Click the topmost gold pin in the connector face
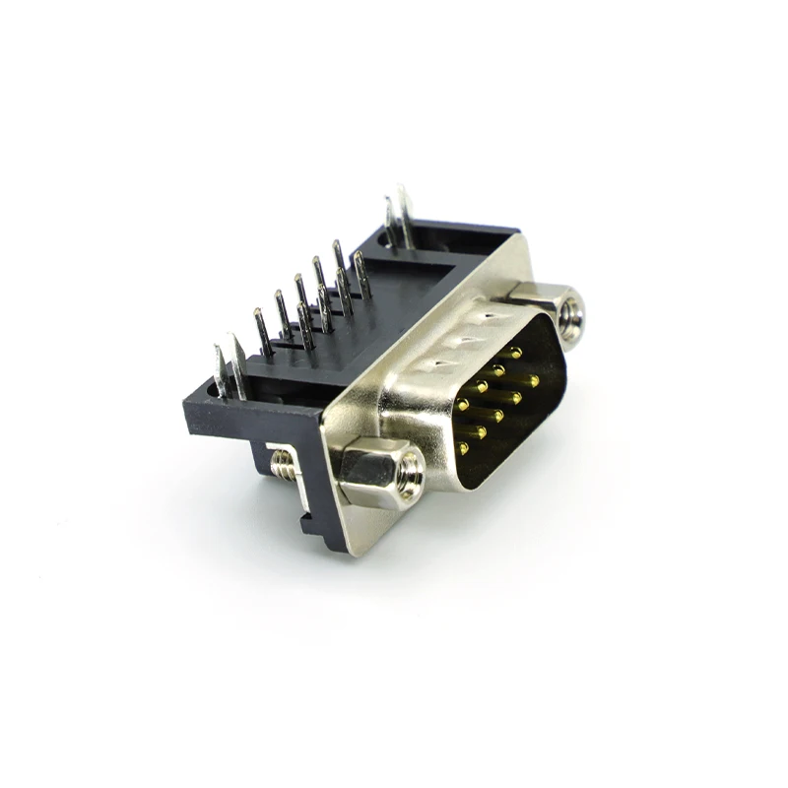[515, 352]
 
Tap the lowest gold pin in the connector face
[463, 448]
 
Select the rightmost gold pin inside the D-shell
[533, 380]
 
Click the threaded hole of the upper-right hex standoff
[569, 317]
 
